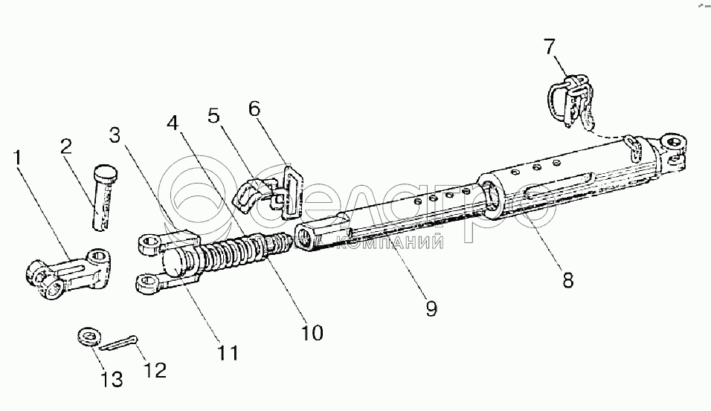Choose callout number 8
(567, 280)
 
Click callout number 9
(430, 308)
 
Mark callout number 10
(312, 332)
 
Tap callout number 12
(155, 369)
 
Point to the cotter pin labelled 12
(118, 344)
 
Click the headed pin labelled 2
(103, 197)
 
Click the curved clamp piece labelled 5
(251, 195)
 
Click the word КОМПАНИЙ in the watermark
(402, 242)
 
